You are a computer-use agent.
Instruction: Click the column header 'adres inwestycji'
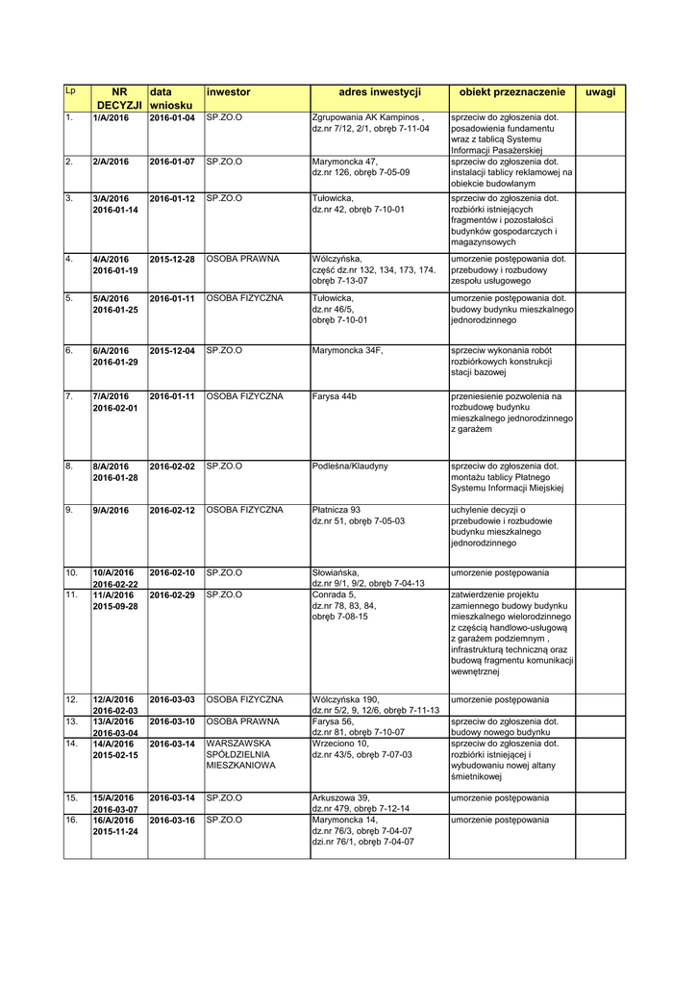pyautogui.click(x=380, y=92)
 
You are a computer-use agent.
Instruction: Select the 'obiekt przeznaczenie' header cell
pyautogui.click(x=511, y=92)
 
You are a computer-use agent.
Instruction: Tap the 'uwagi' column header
pyautogui.click(x=600, y=92)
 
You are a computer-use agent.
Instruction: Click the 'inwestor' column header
pyautogui.click(x=229, y=92)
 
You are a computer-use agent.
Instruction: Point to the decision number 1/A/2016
pyautogui.click(x=111, y=117)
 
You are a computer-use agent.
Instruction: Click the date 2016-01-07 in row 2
pyautogui.click(x=172, y=162)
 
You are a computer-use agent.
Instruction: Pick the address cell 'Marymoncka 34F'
pyautogui.click(x=347, y=350)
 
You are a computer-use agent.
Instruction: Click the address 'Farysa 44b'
pyautogui.click(x=335, y=396)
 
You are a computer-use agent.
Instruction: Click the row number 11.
pyautogui.click(x=71, y=595)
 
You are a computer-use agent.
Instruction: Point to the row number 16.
pyautogui.click(x=71, y=820)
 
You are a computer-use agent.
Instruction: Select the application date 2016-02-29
pyautogui.click(x=172, y=595)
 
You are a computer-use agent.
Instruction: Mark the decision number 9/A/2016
pyautogui.click(x=111, y=510)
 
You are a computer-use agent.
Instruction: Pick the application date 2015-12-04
pyautogui.click(x=172, y=350)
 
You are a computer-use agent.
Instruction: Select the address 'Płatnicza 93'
pyautogui.click(x=336, y=510)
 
